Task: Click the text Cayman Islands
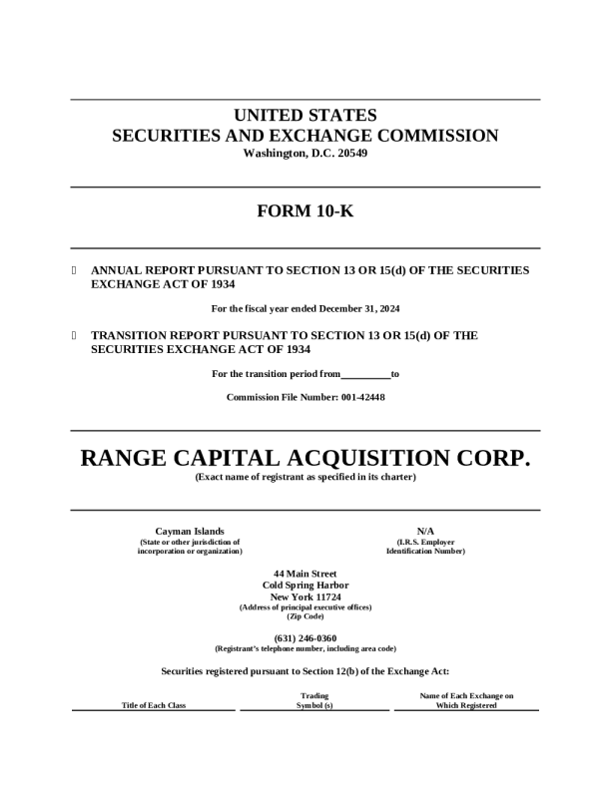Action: (190, 532)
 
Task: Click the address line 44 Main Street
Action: (305, 574)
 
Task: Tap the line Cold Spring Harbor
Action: (305, 585)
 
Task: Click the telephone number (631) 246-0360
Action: (305, 637)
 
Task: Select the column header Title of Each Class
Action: (154, 705)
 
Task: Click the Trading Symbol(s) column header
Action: (314, 700)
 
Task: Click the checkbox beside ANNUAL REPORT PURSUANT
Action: (75, 270)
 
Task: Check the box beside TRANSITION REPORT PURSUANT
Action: (75, 336)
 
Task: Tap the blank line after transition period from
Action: (365, 375)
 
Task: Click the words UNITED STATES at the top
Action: (305, 115)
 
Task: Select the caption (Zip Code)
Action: (305, 616)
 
